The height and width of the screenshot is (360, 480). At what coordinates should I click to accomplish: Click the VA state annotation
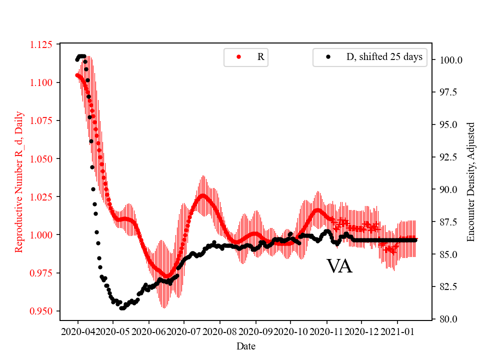pyautogui.click(x=339, y=266)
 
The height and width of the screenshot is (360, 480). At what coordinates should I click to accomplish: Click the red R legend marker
pyautogui.click(x=239, y=57)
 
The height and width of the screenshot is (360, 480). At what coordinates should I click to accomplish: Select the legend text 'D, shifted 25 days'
pyautogui.click(x=384, y=57)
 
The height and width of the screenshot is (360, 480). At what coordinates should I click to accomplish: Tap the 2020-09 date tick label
pyautogui.click(x=255, y=331)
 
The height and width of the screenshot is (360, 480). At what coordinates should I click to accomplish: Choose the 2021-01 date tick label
pyautogui.click(x=397, y=331)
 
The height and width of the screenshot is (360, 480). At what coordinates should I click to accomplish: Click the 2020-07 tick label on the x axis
pyautogui.click(x=184, y=331)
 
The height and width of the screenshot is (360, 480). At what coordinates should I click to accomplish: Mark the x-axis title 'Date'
pyautogui.click(x=246, y=346)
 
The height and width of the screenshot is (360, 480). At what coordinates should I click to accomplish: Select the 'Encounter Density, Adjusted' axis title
pyautogui.click(x=470, y=182)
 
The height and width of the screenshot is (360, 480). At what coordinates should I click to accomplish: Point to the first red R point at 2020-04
pyautogui.click(x=77, y=75)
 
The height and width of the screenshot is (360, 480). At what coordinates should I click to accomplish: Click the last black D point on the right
pyautogui.click(x=415, y=240)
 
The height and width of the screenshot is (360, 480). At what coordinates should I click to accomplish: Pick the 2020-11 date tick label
pyautogui.click(x=326, y=331)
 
